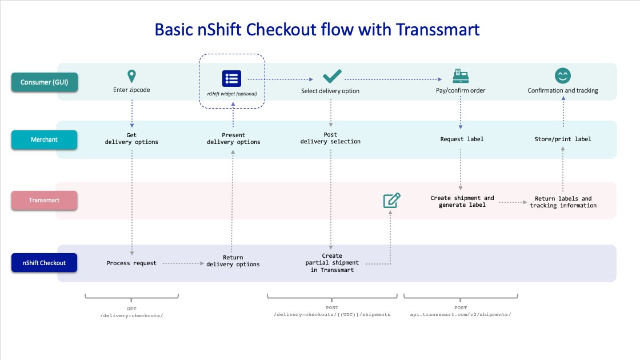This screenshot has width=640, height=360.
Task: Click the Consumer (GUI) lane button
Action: (x=45, y=82)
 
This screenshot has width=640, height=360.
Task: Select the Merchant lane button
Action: (x=44, y=139)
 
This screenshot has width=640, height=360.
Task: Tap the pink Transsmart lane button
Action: (x=44, y=200)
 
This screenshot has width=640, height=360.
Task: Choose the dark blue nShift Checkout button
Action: (x=44, y=263)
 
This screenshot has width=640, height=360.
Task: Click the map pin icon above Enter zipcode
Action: (x=131, y=76)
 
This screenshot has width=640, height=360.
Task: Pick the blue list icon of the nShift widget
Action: (x=231, y=78)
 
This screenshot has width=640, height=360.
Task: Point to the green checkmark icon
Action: (x=332, y=77)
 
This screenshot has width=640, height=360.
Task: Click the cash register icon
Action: (x=461, y=76)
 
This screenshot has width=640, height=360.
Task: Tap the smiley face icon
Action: (x=563, y=75)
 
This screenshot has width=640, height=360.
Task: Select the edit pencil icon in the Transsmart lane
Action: (x=392, y=201)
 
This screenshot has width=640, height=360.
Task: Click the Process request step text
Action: (x=131, y=263)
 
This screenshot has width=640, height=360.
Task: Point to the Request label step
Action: (x=462, y=139)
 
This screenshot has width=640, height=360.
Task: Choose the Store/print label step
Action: (x=563, y=139)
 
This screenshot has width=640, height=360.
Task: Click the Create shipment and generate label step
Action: (x=462, y=201)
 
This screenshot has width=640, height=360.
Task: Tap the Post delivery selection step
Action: (x=331, y=138)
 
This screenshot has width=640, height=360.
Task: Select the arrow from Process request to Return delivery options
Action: (x=183, y=263)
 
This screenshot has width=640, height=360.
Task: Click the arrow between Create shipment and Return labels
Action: (x=513, y=202)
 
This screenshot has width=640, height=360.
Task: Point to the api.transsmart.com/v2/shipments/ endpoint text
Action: (x=461, y=315)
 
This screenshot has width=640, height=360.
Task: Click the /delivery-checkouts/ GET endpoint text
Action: (x=131, y=315)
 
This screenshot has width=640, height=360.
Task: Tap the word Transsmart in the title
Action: (x=438, y=30)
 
